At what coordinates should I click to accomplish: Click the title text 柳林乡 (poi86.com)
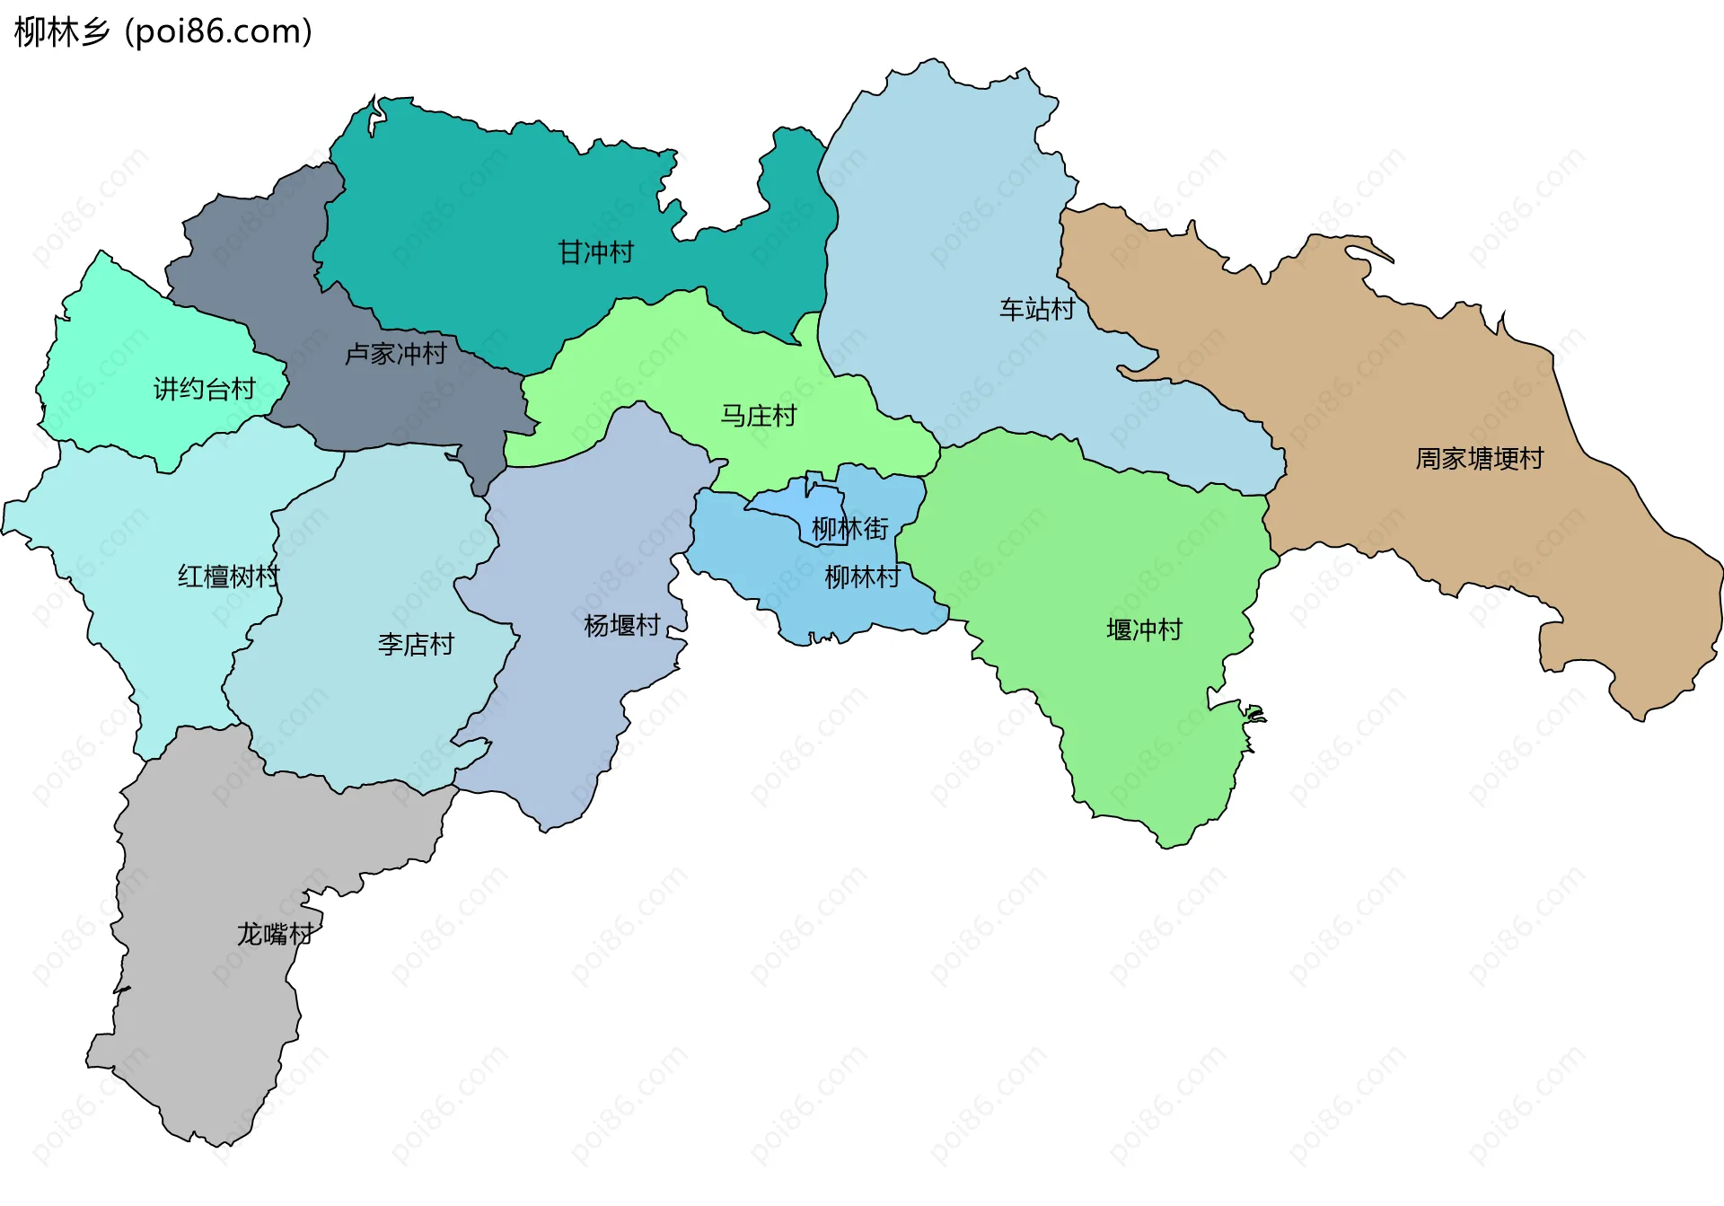pyautogui.click(x=163, y=32)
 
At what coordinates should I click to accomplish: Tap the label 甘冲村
pyautogui.click(x=595, y=252)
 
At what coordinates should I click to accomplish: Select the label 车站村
pyautogui.click(x=1037, y=310)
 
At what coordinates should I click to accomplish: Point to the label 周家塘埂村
pyautogui.click(x=1479, y=459)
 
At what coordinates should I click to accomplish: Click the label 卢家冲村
pyautogui.click(x=395, y=354)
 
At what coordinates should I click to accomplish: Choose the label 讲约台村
pyautogui.click(x=205, y=389)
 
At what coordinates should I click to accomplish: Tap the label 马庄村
pyautogui.click(x=758, y=416)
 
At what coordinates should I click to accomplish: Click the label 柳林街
pyautogui.click(x=849, y=529)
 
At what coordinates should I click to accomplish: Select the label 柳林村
pyautogui.click(x=862, y=577)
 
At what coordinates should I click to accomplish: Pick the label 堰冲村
pyautogui.click(x=1144, y=629)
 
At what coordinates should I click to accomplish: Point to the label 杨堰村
pyautogui.click(x=621, y=625)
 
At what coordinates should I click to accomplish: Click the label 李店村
pyautogui.click(x=416, y=644)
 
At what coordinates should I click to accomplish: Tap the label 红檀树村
pyautogui.click(x=228, y=577)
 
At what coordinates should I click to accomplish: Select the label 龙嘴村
pyautogui.click(x=275, y=934)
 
